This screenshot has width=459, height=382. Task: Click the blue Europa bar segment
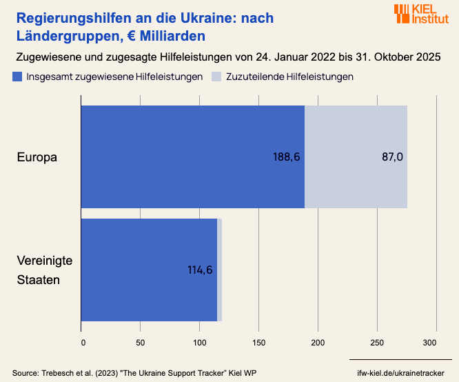click(x=193, y=157)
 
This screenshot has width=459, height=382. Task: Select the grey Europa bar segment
click(x=356, y=157)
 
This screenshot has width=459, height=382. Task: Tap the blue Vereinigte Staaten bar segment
click(x=149, y=270)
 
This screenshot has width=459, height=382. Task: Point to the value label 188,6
click(x=287, y=157)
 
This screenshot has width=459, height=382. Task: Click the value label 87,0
click(x=392, y=157)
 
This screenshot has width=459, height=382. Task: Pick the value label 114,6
click(x=200, y=270)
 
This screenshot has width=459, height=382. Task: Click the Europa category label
click(x=37, y=157)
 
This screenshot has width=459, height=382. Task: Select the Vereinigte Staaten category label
click(x=45, y=270)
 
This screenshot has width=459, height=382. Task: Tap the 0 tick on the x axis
click(x=83, y=342)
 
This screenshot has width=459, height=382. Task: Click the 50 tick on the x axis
click(x=140, y=342)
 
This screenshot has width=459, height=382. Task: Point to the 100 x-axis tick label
click(x=200, y=342)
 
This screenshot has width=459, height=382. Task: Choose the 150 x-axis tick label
click(x=258, y=342)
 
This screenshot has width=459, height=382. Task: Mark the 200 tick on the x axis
click(x=318, y=342)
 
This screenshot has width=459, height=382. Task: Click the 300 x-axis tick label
click(x=430, y=342)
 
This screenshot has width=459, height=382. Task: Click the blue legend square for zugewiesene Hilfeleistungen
click(x=17, y=77)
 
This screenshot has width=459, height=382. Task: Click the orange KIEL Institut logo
click(x=420, y=14)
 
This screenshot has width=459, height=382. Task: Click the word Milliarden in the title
click(x=170, y=34)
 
